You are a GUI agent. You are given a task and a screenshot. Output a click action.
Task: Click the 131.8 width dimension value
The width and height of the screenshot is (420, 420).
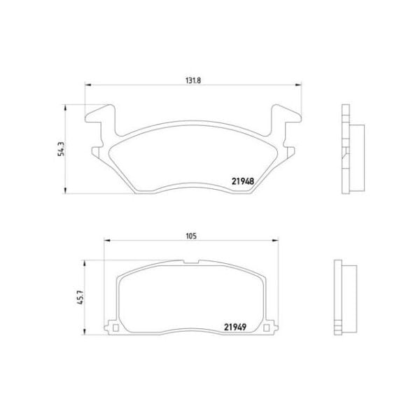point(192,80)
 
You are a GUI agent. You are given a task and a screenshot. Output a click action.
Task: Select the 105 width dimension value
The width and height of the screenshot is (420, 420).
point(190,235)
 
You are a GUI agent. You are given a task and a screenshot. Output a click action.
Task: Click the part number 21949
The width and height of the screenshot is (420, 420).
point(235,326)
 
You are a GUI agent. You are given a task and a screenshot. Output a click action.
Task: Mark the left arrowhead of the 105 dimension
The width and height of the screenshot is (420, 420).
point(107,241)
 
